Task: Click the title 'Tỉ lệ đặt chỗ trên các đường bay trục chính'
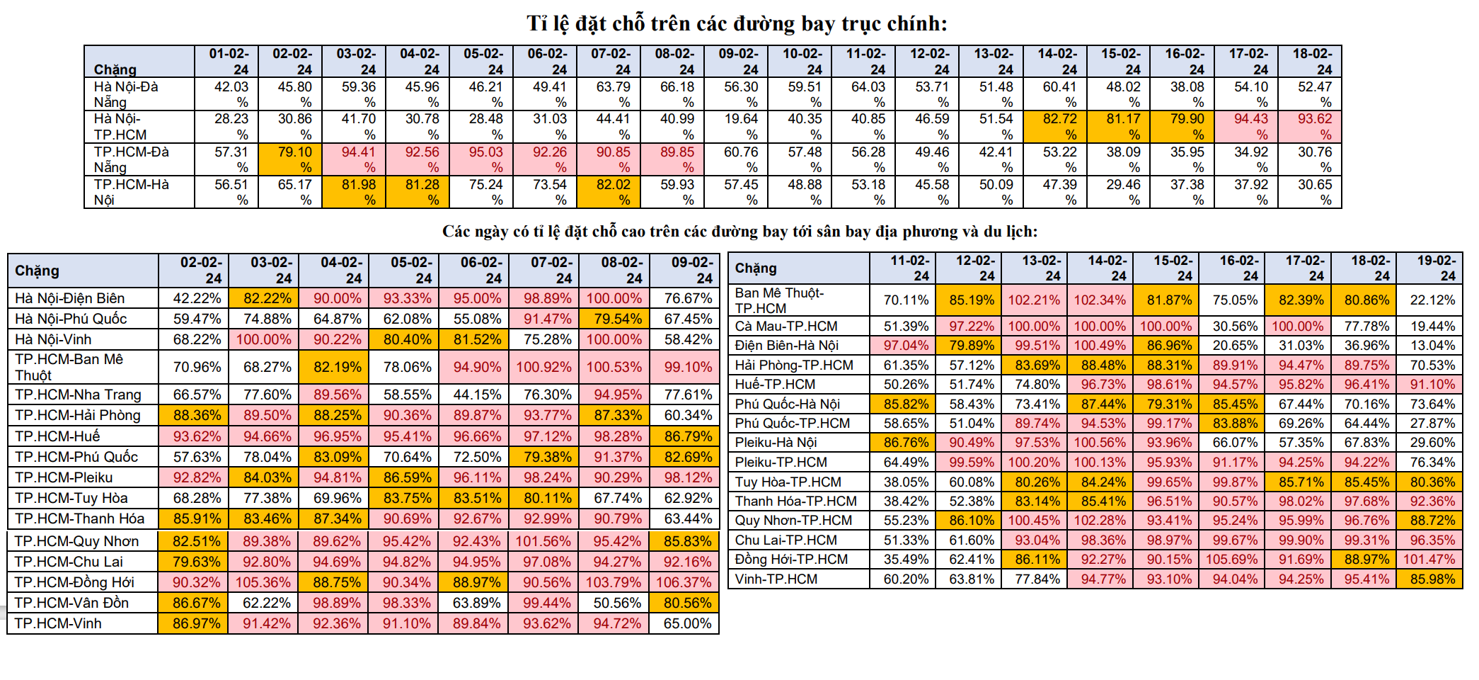[x=737, y=24]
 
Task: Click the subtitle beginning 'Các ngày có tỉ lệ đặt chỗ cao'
[x=739, y=232]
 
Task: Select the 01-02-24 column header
[x=227, y=62]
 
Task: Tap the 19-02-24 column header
[x=1430, y=268]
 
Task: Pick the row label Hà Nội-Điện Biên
[x=70, y=298]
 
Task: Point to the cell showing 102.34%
[x=1100, y=300]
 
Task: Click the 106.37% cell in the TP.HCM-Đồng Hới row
[x=684, y=582]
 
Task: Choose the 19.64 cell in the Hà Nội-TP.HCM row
[x=740, y=126]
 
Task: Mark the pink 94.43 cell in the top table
[x=1250, y=126]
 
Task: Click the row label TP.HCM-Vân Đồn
[x=71, y=603]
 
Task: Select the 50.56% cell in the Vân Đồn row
[x=614, y=603]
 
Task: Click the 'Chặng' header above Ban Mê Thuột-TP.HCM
[x=756, y=268]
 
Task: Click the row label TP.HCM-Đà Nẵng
[x=131, y=159]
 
